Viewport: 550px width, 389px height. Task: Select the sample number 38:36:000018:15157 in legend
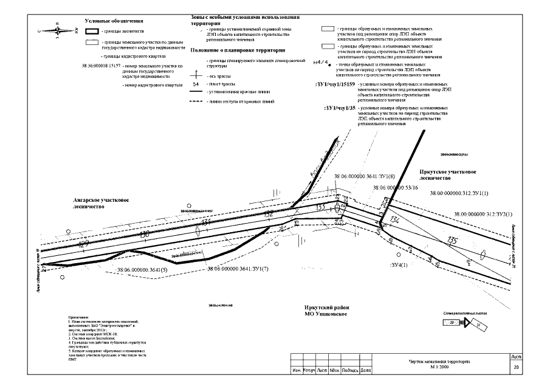(100, 64)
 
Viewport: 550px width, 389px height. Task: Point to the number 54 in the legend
(196, 84)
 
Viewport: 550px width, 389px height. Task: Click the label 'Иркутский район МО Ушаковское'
(325, 310)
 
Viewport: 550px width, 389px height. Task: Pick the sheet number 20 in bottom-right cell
(516, 367)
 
